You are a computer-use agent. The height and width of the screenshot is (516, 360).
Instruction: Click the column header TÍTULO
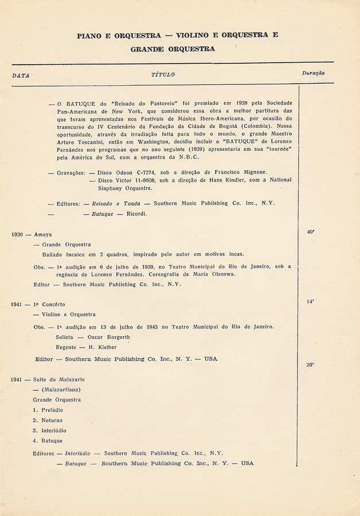pos(163,75)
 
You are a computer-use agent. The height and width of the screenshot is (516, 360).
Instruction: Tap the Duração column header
pos(313,73)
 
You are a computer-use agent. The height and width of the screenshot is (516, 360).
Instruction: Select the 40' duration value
pos(311,232)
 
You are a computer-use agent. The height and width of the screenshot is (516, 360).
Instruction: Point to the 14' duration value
pos(310,301)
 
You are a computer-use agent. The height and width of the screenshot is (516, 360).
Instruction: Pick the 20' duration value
pos(310,365)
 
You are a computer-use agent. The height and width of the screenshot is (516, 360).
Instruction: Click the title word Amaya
pos(43,234)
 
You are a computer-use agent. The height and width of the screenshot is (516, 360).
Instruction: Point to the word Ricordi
pos(137,214)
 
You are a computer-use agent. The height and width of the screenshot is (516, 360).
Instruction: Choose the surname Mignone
pos(251,172)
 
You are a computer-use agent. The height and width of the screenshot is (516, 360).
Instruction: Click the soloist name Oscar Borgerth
pos(105,337)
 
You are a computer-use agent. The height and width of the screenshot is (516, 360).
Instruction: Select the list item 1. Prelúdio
pos(48,410)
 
